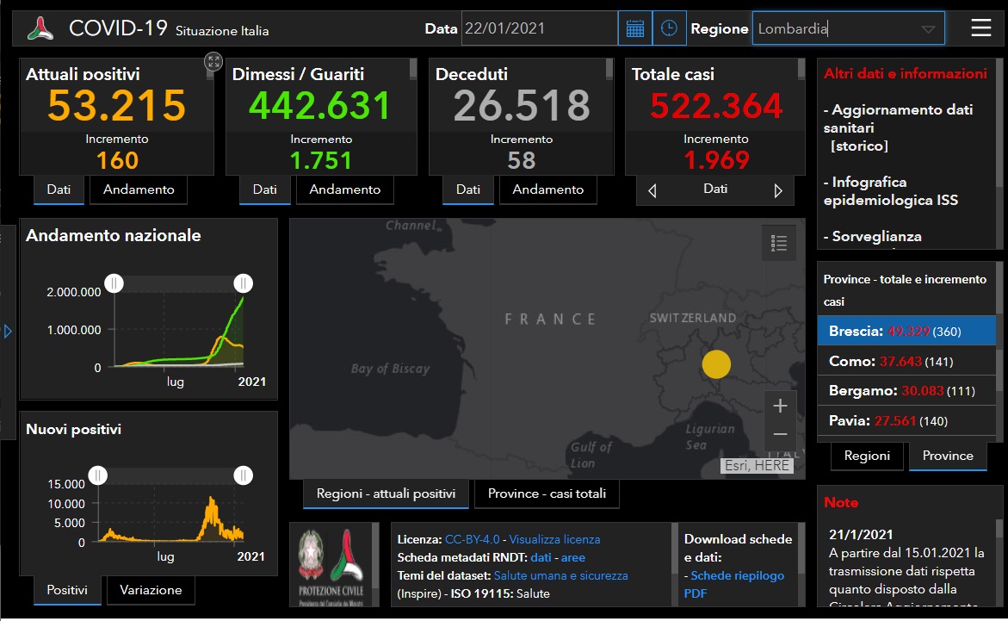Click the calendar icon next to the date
pyautogui.click(x=635, y=28)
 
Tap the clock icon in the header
pyautogui.click(x=669, y=28)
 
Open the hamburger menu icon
pyautogui.click(x=981, y=28)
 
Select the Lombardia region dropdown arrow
pyautogui.click(x=928, y=29)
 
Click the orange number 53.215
pyautogui.click(x=116, y=105)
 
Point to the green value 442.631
pyautogui.click(x=320, y=105)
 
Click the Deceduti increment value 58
pyautogui.click(x=522, y=160)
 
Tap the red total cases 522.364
pyautogui.click(x=716, y=105)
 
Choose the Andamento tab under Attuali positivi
pyautogui.click(x=139, y=189)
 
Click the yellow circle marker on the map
pyautogui.click(x=716, y=365)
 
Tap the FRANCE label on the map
pyautogui.click(x=550, y=319)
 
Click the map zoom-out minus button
pyautogui.click(x=780, y=434)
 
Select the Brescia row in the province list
pyautogui.click(x=906, y=331)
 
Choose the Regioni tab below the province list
pyautogui.click(x=867, y=456)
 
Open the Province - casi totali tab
pyautogui.click(x=547, y=494)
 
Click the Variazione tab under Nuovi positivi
pyautogui.click(x=151, y=590)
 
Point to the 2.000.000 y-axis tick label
pyautogui.click(x=74, y=292)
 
